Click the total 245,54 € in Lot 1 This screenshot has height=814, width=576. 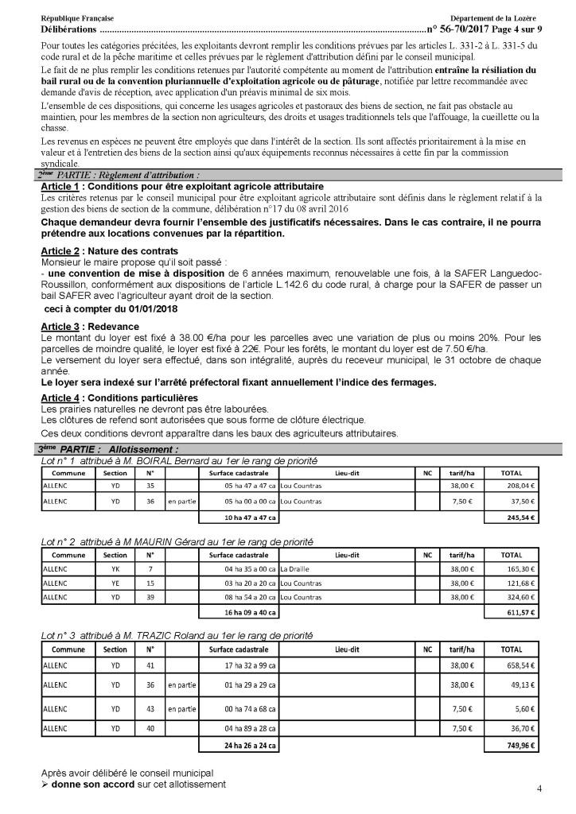523,518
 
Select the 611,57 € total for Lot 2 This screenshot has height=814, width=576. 523,614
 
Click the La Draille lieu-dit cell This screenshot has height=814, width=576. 297,568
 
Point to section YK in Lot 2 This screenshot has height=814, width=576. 115,568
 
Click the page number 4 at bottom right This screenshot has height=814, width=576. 539,789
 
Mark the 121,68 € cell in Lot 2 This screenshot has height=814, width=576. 523,583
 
